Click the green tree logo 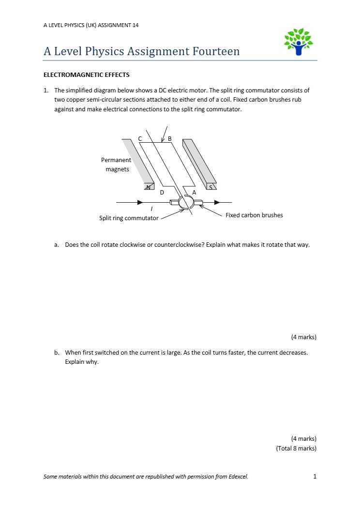tap(299, 42)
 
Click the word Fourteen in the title tap(216, 52)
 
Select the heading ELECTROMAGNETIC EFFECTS tap(87, 75)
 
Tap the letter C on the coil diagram tap(140, 139)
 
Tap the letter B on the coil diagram tap(169, 139)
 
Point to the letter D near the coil tap(162, 193)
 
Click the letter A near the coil tap(194, 193)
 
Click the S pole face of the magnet tap(210, 186)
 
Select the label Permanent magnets tap(116, 165)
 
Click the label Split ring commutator tap(129, 218)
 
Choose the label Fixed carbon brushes tap(254, 215)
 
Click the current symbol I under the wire tap(152, 209)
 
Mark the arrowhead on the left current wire tap(140, 202)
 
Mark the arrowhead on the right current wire tap(218, 202)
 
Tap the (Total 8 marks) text tap(296, 449)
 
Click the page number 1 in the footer tap(315, 477)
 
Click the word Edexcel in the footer tap(238, 477)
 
